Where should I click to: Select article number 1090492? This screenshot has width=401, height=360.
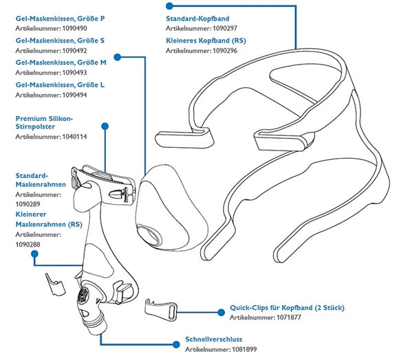coord(41,50)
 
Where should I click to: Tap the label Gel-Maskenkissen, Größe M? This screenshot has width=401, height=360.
coord(61,63)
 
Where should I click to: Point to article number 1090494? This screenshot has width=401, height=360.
coord(41,94)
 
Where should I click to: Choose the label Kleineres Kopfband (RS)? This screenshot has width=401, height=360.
coord(206,41)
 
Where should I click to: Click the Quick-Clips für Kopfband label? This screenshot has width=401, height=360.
coord(287,308)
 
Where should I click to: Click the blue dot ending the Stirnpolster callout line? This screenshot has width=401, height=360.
coord(105,126)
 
